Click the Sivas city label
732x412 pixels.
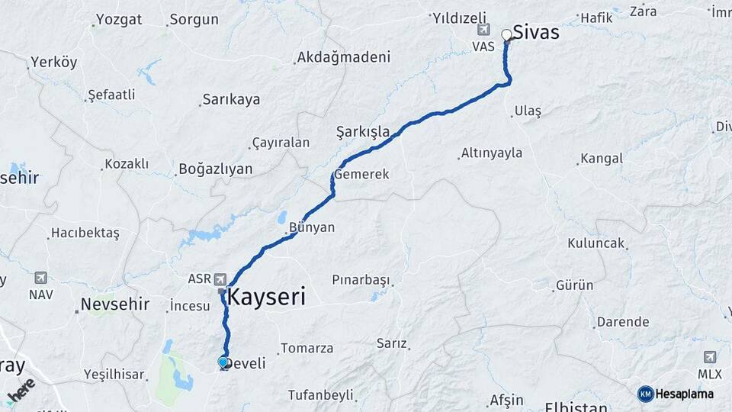pyautogui.click(x=536, y=32)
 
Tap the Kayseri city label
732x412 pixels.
pyautogui.click(x=267, y=296)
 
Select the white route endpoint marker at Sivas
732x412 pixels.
pyautogui.click(x=506, y=34)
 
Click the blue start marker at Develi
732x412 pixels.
pyautogui.click(x=223, y=362)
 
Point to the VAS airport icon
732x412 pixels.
pyautogui.click(x=483, y=29)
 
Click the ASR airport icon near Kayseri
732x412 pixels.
pyautogui.click(x=221, y=278)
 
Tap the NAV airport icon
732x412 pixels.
pyautogui.click(x=40, y=278)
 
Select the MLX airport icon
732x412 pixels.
pyautogui.click(x=710, y=357)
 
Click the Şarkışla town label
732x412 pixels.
pyautogui.click(x=363, y=132)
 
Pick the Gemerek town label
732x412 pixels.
pyautogui.click(x=361, y=174)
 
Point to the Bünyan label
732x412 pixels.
pyautogui.click(x=312, y=227)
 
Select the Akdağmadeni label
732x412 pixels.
pyautogui.click(x=343, y=57)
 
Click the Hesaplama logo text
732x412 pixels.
pyautogui.click(x=685, y=394)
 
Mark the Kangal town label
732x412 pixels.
pyautogui.click(x=601, y=159)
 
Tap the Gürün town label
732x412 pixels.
pyautogui.click(x=574, y=285)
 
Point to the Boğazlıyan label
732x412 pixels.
pyautogui.click(x=215, y=169)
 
